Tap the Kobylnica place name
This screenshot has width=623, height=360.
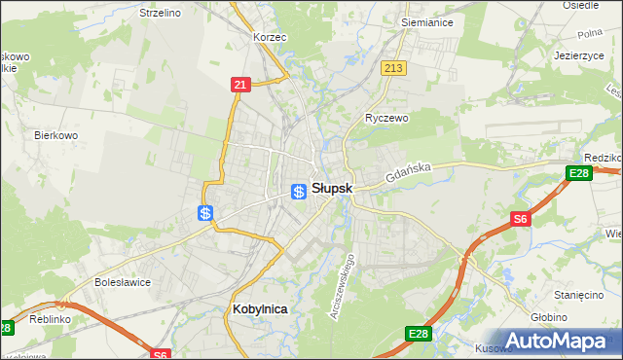[x=261, y=308]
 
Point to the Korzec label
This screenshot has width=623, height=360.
[x=269, y=37]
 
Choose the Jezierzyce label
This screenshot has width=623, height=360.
[x=580, y=55]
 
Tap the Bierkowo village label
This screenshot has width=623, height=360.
[x=55, y=135]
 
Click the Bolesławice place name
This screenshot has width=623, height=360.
[x=120, y=282]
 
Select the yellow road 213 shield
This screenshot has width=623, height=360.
[x=393, y=68]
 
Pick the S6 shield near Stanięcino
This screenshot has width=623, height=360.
[x=522, y=220]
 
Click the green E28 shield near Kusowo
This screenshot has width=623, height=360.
[x=418, y=335]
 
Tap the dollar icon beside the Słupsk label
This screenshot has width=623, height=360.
[x=300, y=191]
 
